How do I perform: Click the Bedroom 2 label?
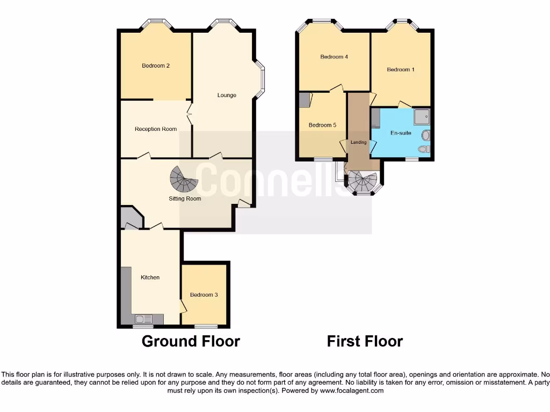(x=156, y=66)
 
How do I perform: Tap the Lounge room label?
(x=227, y=95)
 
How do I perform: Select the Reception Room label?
(x=156, y=129)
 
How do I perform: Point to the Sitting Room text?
(x=185, y=198)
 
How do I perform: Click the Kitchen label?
(x=150, y=277)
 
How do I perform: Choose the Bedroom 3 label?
(x=204, y=295)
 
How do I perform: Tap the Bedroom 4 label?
(x=334, y=57)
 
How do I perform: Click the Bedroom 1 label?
(x=401, y=70)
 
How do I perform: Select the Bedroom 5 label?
(x=322, y=125)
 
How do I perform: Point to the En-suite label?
(x=401, y=133)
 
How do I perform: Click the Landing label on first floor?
(x=359, y=142)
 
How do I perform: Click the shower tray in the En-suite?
(x=422, y=115)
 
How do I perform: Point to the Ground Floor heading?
(x=191, y=341)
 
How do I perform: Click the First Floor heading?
(x=365, y=341)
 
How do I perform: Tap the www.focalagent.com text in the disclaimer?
(x=352, y=391)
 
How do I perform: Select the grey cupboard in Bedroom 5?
(x=305, y=100)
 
